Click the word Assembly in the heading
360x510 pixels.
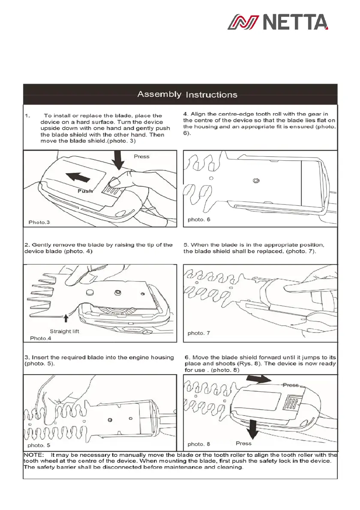(x=159, y=94)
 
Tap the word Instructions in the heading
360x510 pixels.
(x=211, y=95)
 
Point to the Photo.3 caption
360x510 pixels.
(x=39, y=222)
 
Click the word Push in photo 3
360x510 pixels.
(x=85, y=191)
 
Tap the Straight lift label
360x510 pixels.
(x=64, y=331)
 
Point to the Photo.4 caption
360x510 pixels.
(x=41, y=339)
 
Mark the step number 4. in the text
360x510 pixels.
(x=186, y=114)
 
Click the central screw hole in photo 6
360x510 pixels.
(x=255, y=180)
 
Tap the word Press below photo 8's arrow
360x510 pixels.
(x=244, y=443)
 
